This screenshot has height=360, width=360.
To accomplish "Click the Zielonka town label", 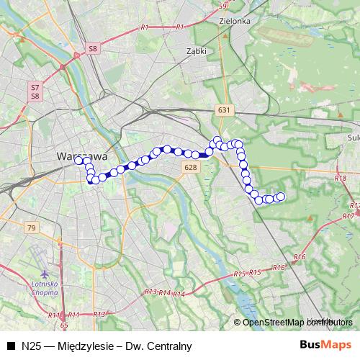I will pos(236,22).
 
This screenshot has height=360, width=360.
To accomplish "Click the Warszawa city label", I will pos(82,156).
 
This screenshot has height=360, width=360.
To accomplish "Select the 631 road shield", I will pos(225,110).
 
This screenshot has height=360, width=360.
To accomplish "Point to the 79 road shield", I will pos(31,228).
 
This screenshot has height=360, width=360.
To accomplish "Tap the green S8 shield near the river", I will pos(92,48).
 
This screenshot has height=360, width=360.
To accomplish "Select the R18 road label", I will pos(341,176).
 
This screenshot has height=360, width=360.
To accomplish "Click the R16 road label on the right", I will pos(300,257).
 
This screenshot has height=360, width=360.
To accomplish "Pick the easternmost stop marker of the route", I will pos(281,197).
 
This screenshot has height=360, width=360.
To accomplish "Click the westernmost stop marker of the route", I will pos(78,161).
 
